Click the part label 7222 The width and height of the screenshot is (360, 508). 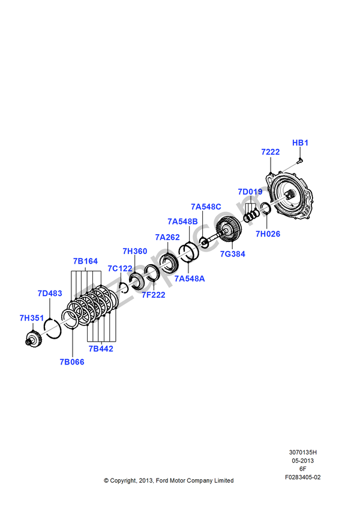tap(271, 152)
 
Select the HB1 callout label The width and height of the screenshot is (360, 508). tap(300, 143)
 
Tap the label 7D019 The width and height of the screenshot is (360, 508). tap(250, 192)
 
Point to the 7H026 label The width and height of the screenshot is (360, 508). tap(268, 234)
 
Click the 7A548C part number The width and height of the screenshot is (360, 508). tap(206, 207)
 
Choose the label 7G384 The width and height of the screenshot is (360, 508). tap(232, 254)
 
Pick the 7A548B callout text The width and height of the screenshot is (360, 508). tap(182, 221)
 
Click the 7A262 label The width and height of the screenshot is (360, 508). tap(167, 237)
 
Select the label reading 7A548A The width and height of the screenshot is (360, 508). tap(190, 279)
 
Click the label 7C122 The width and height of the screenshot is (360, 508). tap(119, 268)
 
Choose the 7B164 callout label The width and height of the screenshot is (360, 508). tap(85, 261)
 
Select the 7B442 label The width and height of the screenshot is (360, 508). tap(101, 348)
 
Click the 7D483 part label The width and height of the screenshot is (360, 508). tap(50, 293)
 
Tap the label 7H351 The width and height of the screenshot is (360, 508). tap(31, 318)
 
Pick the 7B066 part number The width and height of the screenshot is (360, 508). tap(72, 362)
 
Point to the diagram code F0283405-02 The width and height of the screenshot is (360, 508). tap(303, 477)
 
